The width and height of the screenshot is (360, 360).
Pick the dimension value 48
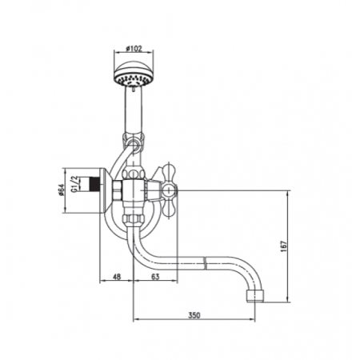117,278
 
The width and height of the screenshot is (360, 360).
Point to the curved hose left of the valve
114,160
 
